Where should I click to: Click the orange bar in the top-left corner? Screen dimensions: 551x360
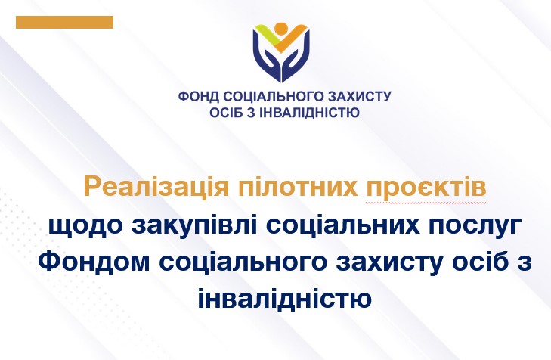[x=65, y=22]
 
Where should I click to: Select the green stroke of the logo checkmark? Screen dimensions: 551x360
[x=265, y=34]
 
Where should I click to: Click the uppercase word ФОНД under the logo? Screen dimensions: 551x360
[x=199, y=96]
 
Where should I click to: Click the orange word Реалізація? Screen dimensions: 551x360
[x=156, y=188]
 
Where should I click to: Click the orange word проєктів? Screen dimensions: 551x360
[x=426, y=188]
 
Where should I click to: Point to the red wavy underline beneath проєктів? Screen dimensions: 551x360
[x=426, y=203]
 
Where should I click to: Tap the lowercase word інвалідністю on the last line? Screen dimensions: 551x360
[x=285, y=299]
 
